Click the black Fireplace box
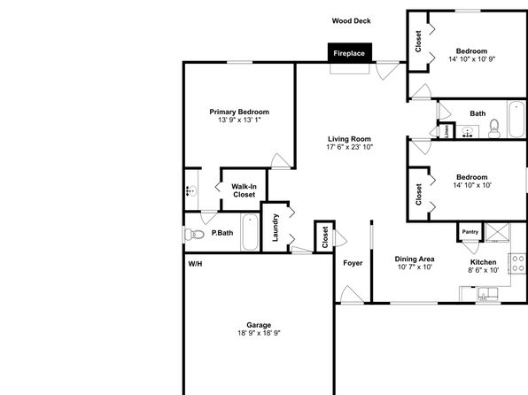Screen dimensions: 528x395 [x=350, y=53]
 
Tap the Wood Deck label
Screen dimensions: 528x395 [x=351, y=21]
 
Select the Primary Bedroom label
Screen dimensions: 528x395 [x=239, y=112]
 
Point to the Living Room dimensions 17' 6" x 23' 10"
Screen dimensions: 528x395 [x=350, y=147]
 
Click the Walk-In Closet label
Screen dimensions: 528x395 [x=244, y=190]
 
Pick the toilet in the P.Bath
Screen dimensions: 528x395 [x=194, y=234]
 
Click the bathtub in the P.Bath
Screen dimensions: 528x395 [x=250, y=232]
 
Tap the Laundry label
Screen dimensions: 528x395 [x=276, y=228]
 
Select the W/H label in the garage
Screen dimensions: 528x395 [x=195, y=264]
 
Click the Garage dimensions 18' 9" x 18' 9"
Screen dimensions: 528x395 [x=259, y=333]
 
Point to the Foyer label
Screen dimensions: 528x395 [x=353, y=263]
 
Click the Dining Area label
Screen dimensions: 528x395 [x=415, y=259]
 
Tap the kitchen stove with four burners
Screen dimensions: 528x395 [x=518, y=264]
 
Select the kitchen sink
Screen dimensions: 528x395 [x=487, y=294]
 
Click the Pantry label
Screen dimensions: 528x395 [x=470, y=232]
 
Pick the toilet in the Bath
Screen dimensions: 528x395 [x=494, y=128]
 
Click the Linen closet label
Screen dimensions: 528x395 [x=446, y=131]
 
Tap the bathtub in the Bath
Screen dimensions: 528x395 [x=516, y=120]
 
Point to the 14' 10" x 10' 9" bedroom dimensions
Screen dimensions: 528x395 [x=472, y=59]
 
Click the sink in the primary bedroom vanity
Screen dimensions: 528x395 [x=191, y=191]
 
